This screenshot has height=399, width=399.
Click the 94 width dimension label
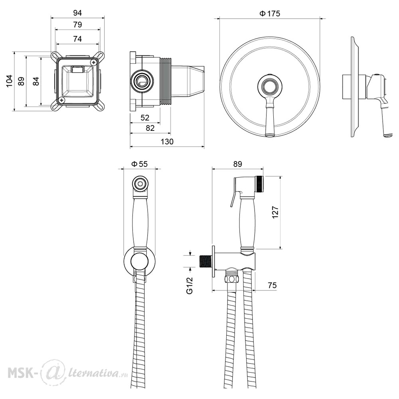[77, 13]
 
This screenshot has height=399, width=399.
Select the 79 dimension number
[77, 25]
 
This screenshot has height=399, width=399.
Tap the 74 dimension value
[77, 39]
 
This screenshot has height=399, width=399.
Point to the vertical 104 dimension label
[10, 81]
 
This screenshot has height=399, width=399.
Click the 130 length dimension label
[167, 142]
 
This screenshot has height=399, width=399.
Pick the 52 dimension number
[145, 118]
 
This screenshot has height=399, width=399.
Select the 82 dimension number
[150, 128]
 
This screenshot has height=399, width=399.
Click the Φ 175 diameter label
[270, 14]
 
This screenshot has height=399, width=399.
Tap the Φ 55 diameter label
[139, 164]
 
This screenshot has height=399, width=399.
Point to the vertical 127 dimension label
[275, 212]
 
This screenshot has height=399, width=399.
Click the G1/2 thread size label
[190, 286]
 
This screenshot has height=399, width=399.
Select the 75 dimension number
[272, 285]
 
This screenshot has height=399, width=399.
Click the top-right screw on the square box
[95, 62]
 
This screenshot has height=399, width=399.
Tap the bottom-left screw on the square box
[61, 100]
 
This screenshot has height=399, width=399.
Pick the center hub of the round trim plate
[270, 87]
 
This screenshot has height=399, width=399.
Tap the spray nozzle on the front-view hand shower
[139, 184]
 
